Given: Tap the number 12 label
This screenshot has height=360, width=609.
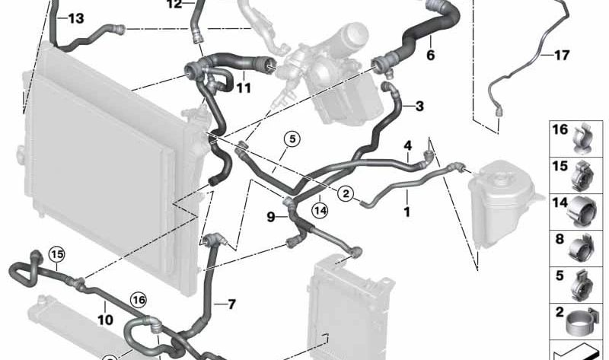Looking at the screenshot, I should (174, 4).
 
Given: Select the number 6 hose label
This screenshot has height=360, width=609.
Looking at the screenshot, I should (430, 55).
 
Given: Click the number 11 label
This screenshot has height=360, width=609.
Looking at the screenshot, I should (244, 88).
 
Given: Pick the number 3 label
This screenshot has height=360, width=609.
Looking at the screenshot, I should (419, 106).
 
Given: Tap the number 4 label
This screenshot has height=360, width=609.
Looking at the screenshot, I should (408, 145).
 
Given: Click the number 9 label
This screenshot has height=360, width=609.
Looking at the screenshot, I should (271, 217).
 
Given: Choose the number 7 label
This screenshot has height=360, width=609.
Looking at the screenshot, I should (229, 304).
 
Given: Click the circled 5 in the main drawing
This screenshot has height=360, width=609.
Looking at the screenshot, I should (293, 139).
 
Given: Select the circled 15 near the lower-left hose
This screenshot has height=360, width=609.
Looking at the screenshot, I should (56, 253).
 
